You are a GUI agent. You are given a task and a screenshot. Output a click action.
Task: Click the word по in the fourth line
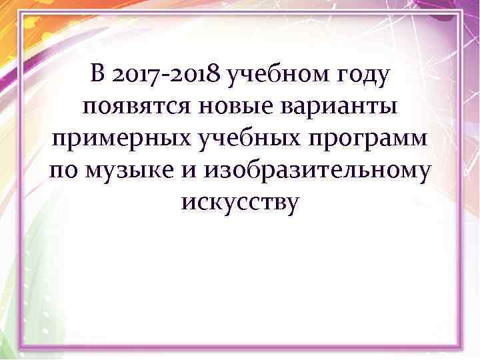63,173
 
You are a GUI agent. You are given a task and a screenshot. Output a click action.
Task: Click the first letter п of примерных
58,142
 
